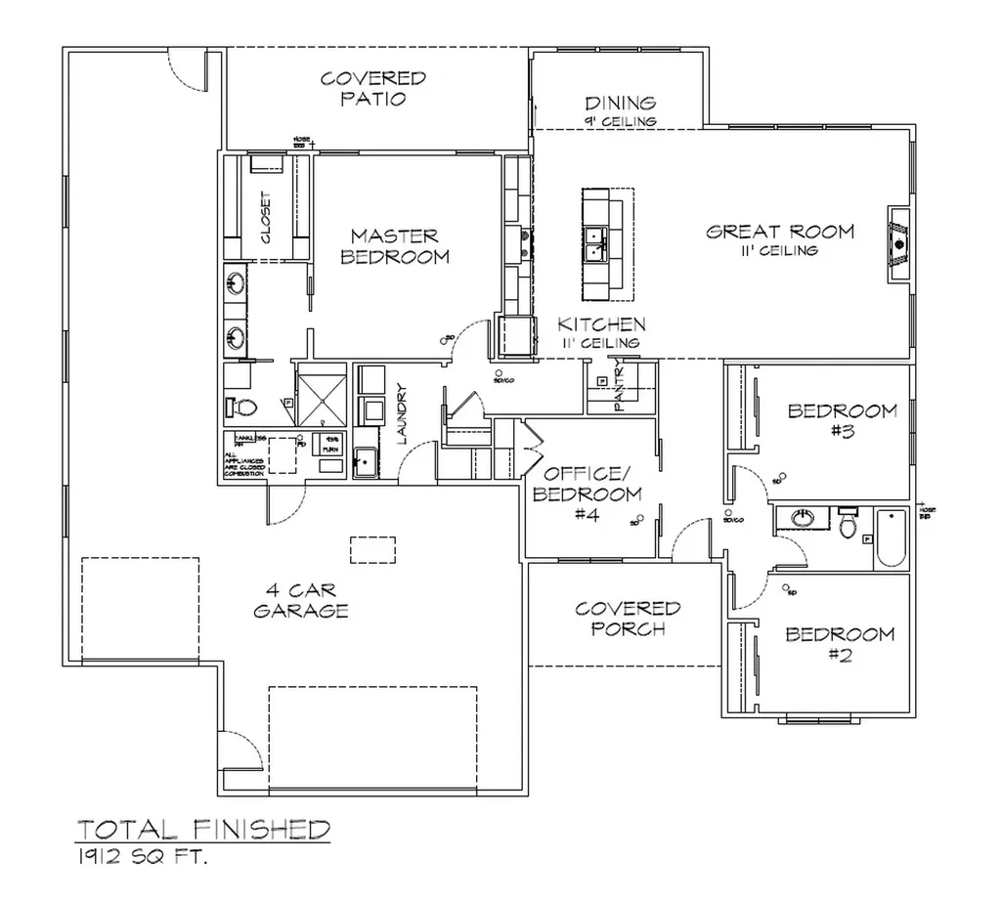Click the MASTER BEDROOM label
tap(399, 246)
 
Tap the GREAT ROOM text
tap(780, 232)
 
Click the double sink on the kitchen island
tap(595, 244)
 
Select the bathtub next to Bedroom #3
tap(891, 537)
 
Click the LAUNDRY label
tap(402, 414)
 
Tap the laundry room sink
tap(365, 457)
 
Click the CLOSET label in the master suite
tap(267, 216)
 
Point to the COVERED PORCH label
tap(628, 619)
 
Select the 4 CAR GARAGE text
tap(301, 601)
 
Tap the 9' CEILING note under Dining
tap(620, 121)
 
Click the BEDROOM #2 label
tap(840, 645)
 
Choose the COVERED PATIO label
tap(373, 88)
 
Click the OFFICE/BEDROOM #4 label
tap(587, 493)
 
